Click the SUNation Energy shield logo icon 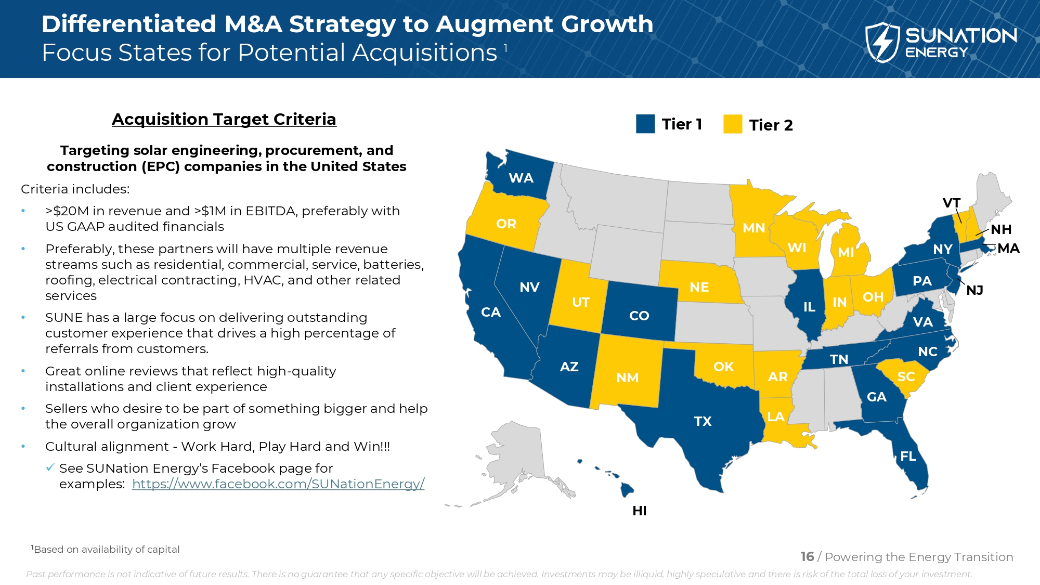click(882, 43)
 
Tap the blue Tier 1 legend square click(645, 124)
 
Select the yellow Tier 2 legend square click(733, 124)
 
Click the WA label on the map click(521, 178)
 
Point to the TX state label click(703, 421)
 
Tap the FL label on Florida click(908, 457)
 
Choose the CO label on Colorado click(639, 316)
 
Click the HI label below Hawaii click(640, 511)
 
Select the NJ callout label click(974, 291)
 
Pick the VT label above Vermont click(952, 203)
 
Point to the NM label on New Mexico click(627, 378)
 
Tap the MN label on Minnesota click(753, 228)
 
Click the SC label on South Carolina click(906, 377)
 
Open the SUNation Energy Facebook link click(278, 484)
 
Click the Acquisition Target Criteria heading click(224, 119)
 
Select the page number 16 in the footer click(807, 557)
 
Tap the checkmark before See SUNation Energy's click(50, 468)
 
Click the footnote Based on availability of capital click(106, 550)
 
